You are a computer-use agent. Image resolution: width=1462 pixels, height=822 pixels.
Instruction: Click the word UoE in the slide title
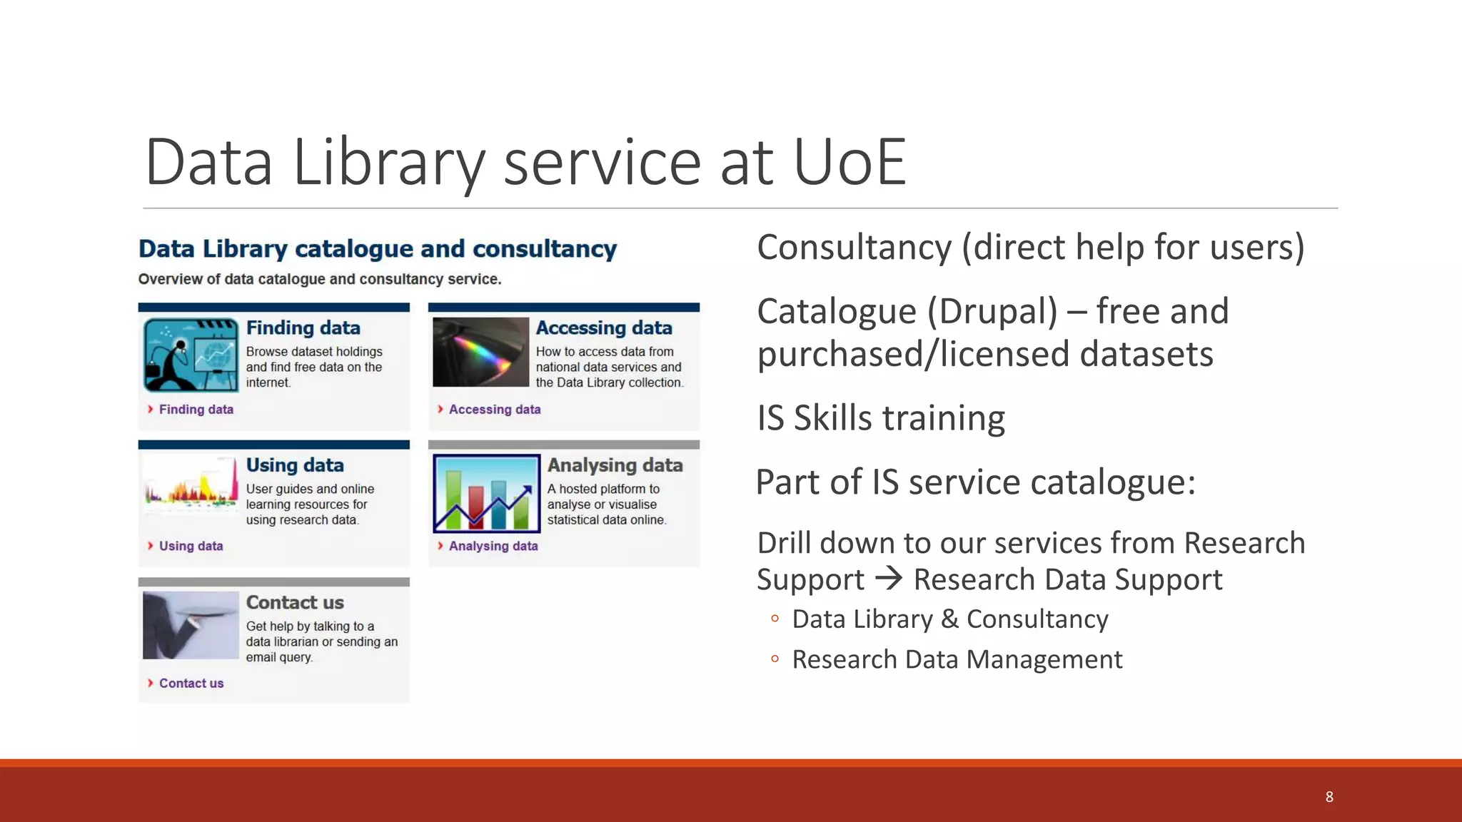tap(850, 163)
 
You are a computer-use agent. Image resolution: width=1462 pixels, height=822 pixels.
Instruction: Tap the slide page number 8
tap(1329, 797)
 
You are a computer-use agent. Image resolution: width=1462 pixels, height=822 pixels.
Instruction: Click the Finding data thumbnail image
tap(191, 355)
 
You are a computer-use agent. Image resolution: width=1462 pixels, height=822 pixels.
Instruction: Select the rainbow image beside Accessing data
tap(480, 352)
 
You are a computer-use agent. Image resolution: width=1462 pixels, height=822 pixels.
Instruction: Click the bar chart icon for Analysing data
tap(486, 493)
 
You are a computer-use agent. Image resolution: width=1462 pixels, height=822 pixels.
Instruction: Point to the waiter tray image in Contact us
tap(191, 625)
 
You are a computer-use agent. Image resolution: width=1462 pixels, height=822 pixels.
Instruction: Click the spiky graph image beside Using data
tap(191, 484)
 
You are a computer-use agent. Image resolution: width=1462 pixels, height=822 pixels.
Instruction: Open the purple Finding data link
tap(196, 410)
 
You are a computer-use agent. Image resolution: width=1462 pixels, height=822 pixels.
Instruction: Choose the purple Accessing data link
tap(494, 410)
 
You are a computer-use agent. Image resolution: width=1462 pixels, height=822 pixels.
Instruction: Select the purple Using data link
tap(191, 546)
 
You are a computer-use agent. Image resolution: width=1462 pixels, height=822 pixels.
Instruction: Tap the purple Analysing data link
tap(493, 546)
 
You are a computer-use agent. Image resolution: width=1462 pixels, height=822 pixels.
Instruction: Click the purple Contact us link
tap(191, 684)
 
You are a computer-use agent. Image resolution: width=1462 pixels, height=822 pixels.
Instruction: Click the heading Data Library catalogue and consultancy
tap(377, 249)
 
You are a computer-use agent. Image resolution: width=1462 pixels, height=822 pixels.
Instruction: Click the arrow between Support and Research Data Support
tap(889, 578)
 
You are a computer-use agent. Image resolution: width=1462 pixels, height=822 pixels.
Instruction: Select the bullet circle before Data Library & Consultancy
tap(775, 619)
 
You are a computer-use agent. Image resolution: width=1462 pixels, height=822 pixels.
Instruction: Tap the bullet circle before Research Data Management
tap(775, 659)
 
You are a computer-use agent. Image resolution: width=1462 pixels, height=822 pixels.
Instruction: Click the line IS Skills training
tap(880, 418)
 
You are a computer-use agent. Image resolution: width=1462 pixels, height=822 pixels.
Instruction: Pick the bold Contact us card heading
tap(295, 603)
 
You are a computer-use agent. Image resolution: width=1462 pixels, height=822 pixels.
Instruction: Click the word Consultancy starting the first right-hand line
tap(854, 248)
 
